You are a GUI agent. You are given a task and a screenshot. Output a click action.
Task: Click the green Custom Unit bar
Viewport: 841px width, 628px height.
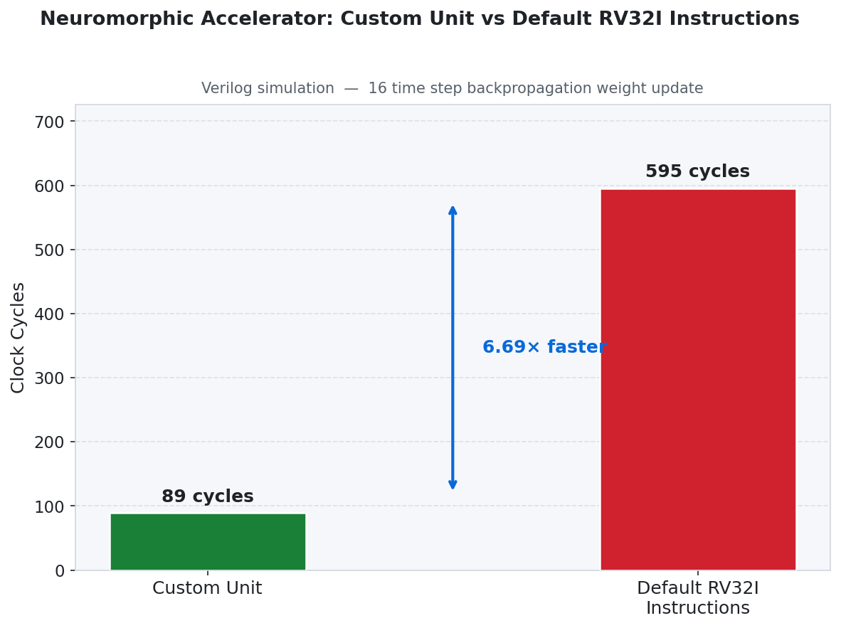point(207,541)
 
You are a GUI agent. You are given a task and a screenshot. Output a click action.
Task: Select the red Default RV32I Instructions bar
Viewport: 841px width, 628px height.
point(697,379)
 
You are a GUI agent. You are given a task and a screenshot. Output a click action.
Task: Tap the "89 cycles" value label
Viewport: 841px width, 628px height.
point(207,496)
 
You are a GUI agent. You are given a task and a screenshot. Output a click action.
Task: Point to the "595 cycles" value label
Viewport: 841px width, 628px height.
point(697,171)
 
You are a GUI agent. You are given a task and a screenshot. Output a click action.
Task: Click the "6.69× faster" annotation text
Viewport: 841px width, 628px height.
point(544,347)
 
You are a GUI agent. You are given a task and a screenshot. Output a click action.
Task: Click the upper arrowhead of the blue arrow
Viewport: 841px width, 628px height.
point(453,211)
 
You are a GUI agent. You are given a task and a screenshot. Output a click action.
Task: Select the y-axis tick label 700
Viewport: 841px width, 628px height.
point(49,122)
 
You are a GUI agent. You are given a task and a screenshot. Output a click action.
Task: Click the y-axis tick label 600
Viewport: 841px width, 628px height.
point(49,186)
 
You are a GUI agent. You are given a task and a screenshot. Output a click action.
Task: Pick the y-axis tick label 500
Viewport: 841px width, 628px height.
point(49,250)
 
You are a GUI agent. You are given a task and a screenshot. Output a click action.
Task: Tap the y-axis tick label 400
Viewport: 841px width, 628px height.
point(49,314)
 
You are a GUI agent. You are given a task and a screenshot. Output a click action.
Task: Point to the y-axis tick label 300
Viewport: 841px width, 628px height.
point(49,378)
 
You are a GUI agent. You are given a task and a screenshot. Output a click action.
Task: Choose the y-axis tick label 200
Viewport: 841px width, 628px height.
point(49,442)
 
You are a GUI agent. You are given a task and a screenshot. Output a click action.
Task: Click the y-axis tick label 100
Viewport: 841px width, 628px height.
point(49,506)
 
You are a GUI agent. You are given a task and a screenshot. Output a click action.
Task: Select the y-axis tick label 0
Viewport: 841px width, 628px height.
point(60,570)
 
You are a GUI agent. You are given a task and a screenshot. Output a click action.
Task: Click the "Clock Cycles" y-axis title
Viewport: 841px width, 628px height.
point(18,337)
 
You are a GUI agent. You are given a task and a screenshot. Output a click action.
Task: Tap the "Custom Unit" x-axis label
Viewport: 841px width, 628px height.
point(207,588)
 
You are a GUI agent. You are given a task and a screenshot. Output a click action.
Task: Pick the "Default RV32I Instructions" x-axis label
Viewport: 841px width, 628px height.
point(697,598)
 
